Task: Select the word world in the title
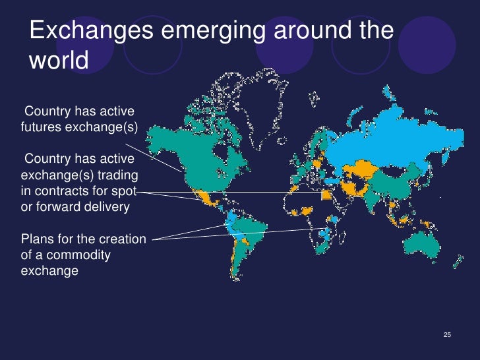click(x=59, y=61)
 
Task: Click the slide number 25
click(x=448, y=336)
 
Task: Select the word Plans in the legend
click(x=38, y=239)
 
